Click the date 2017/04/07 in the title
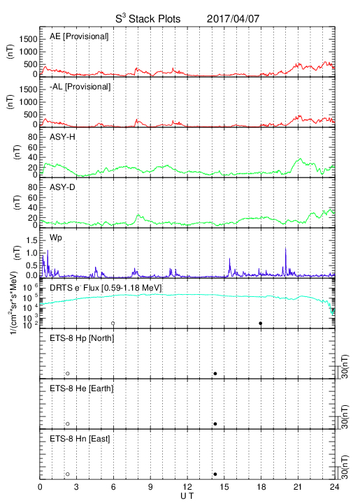[233, 19]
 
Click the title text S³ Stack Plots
[148, 18]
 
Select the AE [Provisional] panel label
[79, 36]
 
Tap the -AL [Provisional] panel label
[80, 87]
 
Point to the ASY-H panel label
[62, 137]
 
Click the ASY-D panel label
[62, 187]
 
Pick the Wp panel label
[56, 238]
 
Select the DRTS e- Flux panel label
[106, 288]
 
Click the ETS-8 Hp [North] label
[82, 338]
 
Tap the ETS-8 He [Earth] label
[82, 388]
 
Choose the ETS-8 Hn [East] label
[80, 439]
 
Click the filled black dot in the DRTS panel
[261, 323]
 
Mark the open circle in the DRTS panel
[113, 323]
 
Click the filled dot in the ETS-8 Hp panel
[215, 373]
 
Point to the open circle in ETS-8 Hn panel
[68, 474]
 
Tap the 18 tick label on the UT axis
[261, 487]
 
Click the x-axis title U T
[187, 496]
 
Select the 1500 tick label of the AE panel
[28, 39]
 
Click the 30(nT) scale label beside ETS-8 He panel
[345, 417]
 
